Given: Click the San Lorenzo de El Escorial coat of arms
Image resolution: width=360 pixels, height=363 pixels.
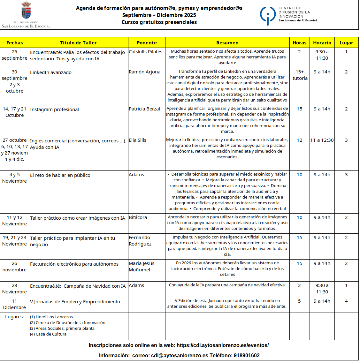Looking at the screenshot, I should [26, 11].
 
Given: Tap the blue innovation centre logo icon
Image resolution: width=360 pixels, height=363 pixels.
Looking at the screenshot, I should [267, 15].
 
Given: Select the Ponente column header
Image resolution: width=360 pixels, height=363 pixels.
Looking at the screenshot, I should [147, 43].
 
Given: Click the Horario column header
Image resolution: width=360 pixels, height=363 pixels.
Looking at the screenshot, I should [322, 43].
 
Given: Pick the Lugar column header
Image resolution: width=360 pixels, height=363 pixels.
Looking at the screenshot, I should [346, 43].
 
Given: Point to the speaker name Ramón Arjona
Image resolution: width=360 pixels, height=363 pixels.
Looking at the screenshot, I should [144, 72].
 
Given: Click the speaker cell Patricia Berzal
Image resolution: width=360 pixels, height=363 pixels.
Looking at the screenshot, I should [144, 109].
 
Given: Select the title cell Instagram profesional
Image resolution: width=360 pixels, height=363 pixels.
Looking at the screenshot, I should [54, 110].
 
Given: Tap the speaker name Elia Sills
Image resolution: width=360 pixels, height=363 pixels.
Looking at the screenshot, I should [138, 140].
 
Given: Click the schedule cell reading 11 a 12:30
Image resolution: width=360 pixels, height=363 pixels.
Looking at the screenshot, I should [322, 140].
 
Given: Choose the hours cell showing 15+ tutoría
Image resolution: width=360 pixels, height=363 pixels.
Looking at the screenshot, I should [300, 75].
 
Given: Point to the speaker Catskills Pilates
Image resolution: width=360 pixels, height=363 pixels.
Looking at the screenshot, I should [145, 52].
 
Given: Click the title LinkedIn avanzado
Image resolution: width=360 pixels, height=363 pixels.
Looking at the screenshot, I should [51, 72].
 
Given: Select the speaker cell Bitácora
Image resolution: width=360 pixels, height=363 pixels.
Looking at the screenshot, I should [138, 217].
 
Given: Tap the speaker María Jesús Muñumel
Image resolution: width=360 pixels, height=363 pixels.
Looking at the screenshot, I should [142, 267].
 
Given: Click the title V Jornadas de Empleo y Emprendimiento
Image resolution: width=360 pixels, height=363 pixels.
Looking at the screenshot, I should [75, 302].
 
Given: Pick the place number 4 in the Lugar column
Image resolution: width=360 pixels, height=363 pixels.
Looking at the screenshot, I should [346, 301].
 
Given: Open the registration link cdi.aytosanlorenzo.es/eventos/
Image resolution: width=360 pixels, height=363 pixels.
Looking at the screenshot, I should [223, 345].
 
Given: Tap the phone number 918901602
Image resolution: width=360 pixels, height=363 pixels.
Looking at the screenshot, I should [247, 355].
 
